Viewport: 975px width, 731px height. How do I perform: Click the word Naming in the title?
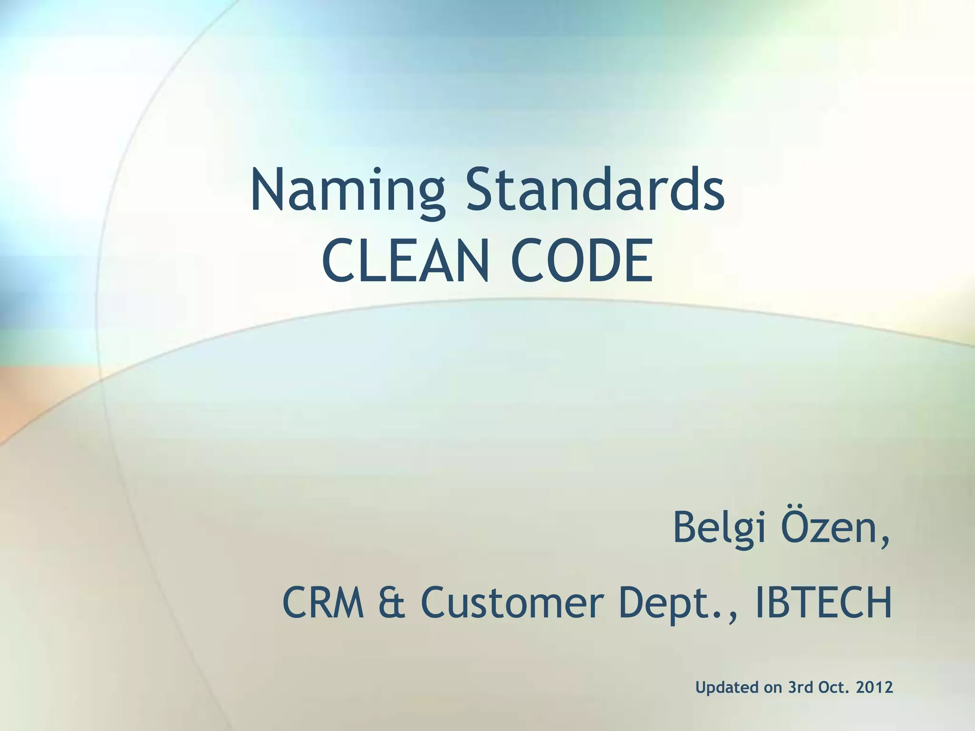coord(348,190)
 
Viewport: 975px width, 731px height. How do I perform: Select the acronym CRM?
coord(324,603)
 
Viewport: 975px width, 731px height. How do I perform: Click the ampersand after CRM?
coord(392,603)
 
